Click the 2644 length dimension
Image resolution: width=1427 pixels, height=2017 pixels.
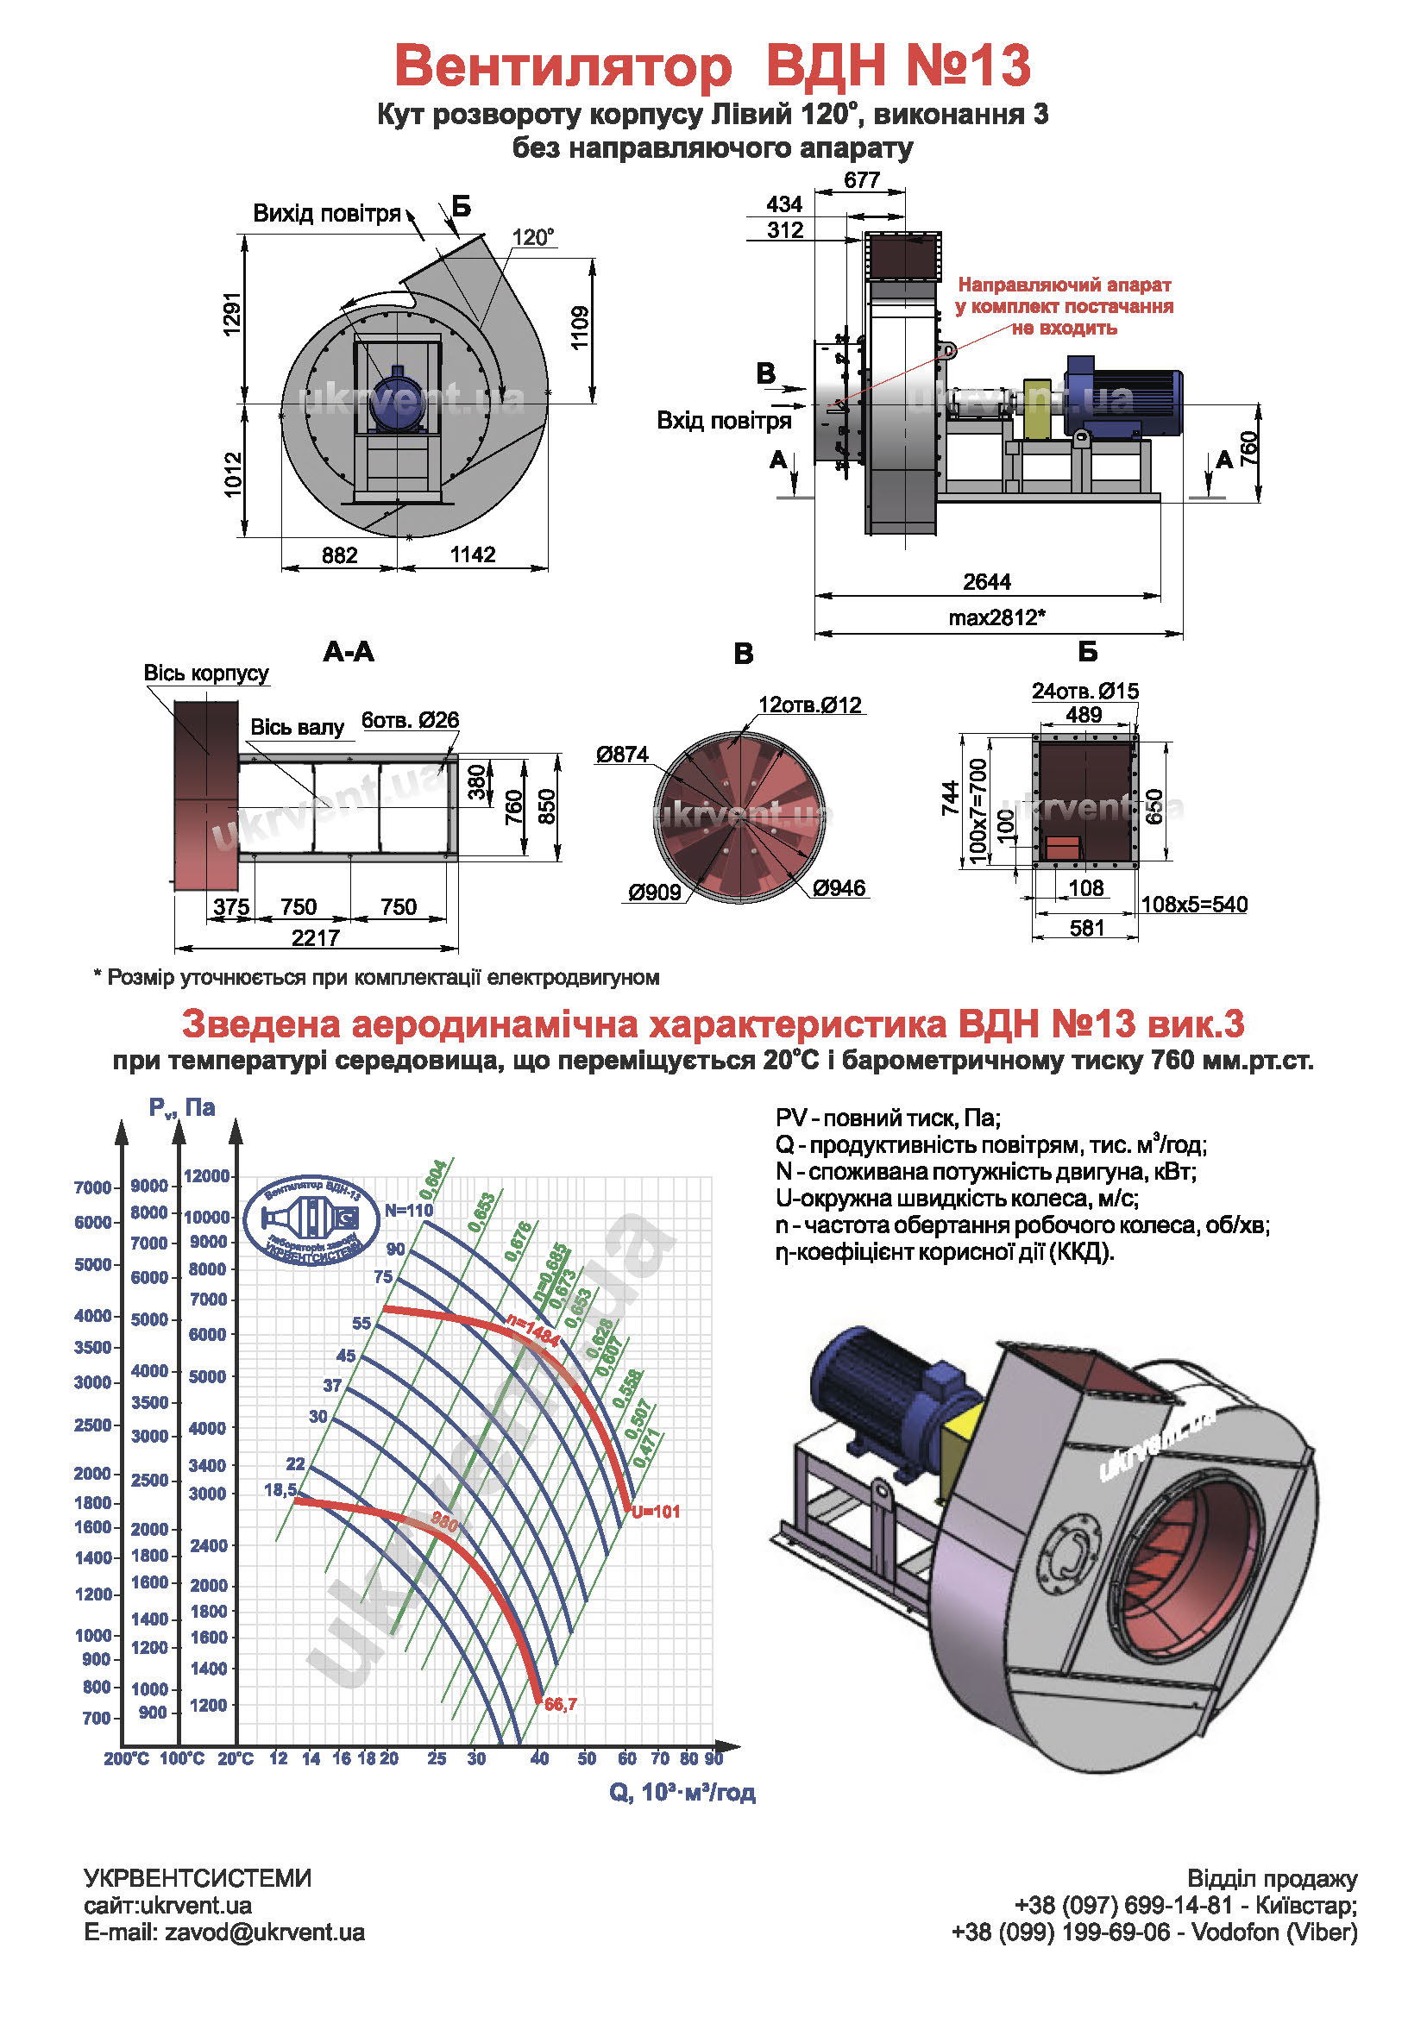tap(986, 581)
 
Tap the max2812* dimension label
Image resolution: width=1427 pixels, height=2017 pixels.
tap(996, 617)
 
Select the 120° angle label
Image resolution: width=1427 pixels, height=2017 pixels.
tap(532, 237)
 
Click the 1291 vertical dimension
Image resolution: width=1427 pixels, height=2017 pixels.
tap(232, 315)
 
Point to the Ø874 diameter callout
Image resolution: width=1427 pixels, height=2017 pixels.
tap(621, 754)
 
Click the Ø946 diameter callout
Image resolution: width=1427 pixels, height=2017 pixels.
tap(839, 888)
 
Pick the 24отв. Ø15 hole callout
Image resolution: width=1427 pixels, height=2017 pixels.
tap(1084, 692)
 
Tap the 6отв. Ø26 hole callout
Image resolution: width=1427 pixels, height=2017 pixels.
tap(411, 720)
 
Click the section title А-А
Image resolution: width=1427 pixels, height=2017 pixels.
tap(349, 652)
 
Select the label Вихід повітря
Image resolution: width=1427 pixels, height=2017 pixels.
tap(326, 214)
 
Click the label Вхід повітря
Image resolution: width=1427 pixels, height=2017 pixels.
tap(723, 421)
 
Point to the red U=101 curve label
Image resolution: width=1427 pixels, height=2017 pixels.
tap(656, 1512)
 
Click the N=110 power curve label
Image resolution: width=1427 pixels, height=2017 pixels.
tap(409, 1211)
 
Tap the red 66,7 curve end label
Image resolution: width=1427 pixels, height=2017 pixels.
tap(561, 1704)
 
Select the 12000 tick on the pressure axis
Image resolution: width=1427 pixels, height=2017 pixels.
tap(206, 1175)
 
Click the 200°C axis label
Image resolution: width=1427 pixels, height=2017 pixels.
tap(126, 1758)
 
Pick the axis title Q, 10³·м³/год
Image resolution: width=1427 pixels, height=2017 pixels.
tap(682, 1792)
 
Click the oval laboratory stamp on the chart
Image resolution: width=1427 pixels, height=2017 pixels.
tap(312, 1220)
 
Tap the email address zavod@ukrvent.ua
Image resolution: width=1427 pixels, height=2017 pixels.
tap(265, 1932)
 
